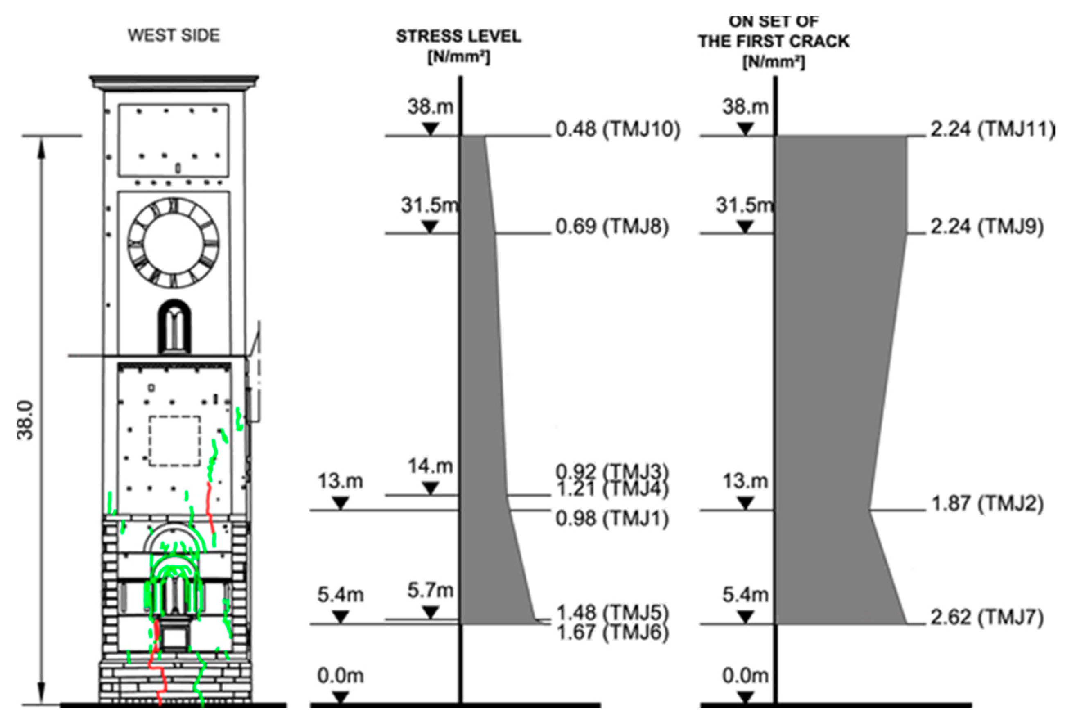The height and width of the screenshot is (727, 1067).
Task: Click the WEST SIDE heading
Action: click(x=174, y=35)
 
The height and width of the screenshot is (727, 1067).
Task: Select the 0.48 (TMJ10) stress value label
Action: click(x=618, y=129)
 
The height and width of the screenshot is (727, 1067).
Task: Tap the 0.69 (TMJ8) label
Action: click(x=612, y=227)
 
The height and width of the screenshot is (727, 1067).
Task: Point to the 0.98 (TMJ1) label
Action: click(x=612, y=519)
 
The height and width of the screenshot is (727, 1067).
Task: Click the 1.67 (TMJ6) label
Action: click(x=612, y=633)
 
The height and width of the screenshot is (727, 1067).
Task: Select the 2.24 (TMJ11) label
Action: click(x=992, y=129)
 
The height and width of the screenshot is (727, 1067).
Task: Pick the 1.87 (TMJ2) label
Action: click(x=987, y=504)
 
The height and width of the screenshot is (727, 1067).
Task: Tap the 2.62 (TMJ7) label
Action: click(x=987, y=617)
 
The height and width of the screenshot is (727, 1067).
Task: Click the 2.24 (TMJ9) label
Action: click(x=987, y=227)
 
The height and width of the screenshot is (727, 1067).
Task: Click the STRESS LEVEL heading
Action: click(x=459, y=36)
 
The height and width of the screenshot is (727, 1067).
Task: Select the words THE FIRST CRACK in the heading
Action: click(x=774, y=41)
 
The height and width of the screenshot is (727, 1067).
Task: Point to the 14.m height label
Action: click(x=430, y=466)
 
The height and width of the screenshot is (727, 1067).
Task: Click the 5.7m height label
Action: click(x=430, y=590)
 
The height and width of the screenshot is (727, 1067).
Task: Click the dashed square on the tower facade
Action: click(x=174, y=441)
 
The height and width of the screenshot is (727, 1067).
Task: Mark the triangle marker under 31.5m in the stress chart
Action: click(x=430, y=227)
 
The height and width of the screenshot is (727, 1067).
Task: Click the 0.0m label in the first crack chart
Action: click(x=745, y=675)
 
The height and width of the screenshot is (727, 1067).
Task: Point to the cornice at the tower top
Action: click(x=174, y=83)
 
